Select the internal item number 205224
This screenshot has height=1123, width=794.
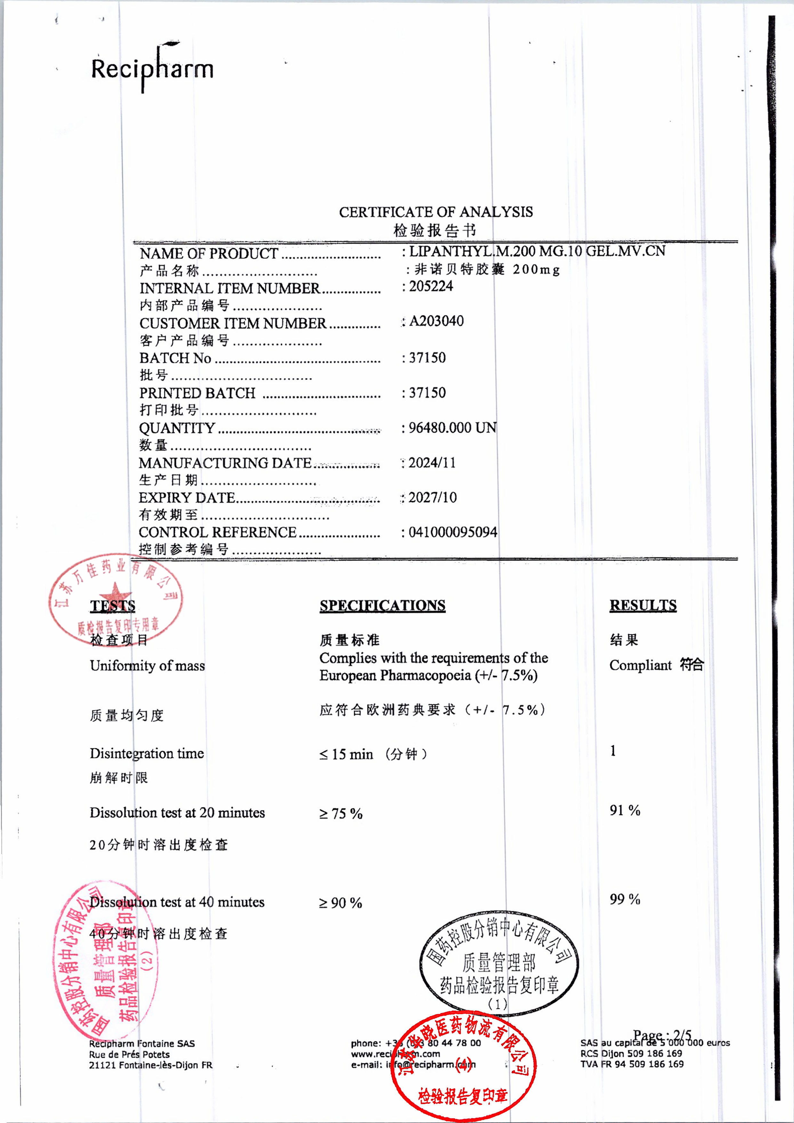pos(430,286)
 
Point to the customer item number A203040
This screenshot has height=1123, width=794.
pos(436,321)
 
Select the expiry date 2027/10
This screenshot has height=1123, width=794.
pos(432,497)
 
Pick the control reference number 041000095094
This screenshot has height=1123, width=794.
pos(453,532)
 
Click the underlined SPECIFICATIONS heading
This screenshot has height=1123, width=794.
pos(382,606)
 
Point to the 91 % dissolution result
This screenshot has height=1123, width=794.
pos(624,810)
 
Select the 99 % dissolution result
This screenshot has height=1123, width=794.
pos(624,899)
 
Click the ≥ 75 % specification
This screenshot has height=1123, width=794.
pos(341,814)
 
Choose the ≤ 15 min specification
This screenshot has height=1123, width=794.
pos(346,754)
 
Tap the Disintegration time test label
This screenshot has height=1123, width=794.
pos(147,753)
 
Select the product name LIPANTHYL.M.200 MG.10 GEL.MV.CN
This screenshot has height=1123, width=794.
pos(537,252)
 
